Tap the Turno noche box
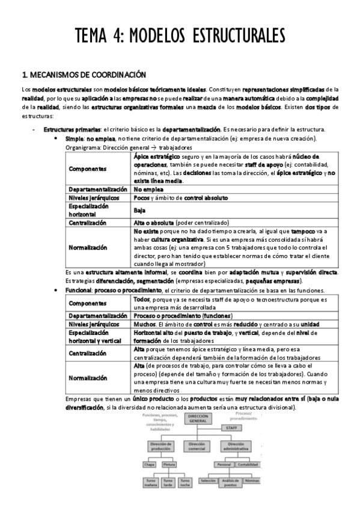186,482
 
